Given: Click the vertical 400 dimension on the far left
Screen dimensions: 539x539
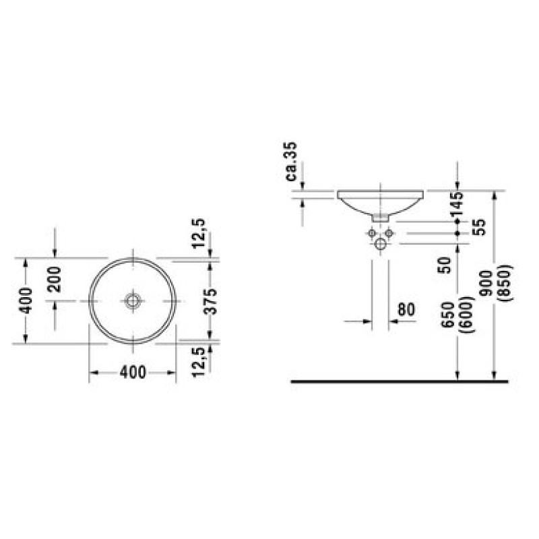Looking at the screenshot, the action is pyautogui.click(x=26, y=300).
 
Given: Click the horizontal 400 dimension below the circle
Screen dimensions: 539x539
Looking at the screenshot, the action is pyautogui.click(x=133, y=373).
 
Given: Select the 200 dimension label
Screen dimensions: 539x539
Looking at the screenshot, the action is pyautogui.click(x=55, y=279).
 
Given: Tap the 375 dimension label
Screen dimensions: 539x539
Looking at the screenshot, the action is pyautogui.click(x=211, y=301).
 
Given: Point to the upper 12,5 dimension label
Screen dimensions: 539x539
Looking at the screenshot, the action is pyautogui.click(x=198, y=233).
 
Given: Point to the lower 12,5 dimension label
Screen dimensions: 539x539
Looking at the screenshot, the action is pyautogui.click(x=198, y=362).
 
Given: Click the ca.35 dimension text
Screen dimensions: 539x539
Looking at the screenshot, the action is pyautogui.click(x=291, y=161).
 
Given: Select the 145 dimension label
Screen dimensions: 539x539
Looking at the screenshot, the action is pyautogui.click(x=457, y=203).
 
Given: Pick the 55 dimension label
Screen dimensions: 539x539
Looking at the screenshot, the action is pyautogui.click(x=480, y=227).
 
